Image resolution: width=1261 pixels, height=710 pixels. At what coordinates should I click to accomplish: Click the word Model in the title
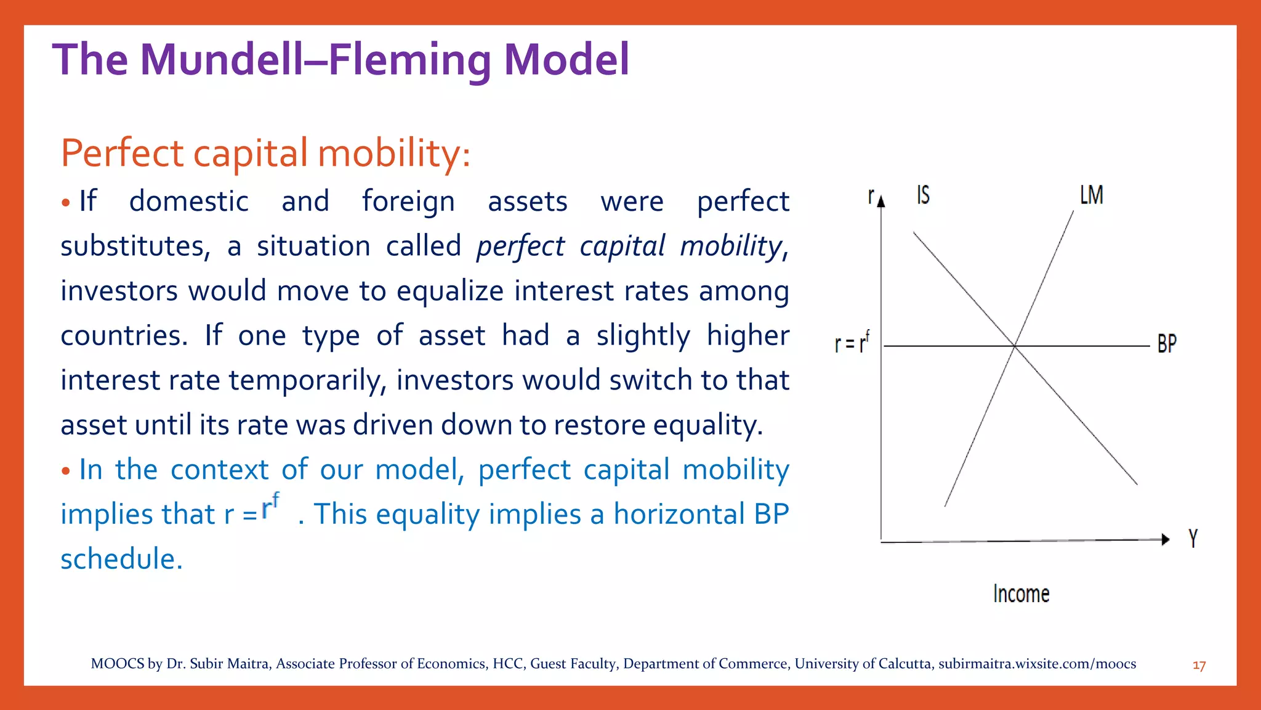[x=566, y=60]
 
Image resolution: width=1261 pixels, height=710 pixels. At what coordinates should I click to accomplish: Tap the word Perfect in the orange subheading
[x=122, y=153]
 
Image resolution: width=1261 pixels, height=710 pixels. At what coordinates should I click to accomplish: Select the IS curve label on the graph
[x=923, y=195]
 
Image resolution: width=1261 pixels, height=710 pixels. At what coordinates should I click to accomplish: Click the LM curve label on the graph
[x=1091, y=195]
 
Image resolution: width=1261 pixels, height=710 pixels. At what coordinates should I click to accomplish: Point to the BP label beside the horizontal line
[x=1166, y=344]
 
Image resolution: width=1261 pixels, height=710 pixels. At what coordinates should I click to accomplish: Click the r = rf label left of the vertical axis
[x=852, y=343]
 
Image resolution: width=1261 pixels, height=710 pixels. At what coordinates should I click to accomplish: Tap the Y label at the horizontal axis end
[x=1193, y=538]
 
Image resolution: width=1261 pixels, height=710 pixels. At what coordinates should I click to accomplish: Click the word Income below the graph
[x=1021, y=594]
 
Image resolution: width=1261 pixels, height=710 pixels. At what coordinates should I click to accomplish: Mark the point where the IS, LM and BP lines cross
[x=1014, y=346]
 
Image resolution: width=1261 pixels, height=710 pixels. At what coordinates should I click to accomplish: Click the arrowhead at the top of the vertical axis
[x=881, y=200]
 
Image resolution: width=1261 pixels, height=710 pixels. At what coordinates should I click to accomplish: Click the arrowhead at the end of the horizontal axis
[x=1164, y=539]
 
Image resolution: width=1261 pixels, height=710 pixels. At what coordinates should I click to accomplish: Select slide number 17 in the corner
[x=1199, y=666]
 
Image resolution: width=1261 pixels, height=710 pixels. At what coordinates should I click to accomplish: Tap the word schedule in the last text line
[x=121, y=559]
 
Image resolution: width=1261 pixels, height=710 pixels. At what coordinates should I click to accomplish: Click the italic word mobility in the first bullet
[x=731, y=246]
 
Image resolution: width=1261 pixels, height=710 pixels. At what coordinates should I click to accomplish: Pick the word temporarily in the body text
[x=307, y=380]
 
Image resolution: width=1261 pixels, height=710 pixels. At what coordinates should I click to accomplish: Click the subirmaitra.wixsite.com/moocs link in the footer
[x=1037, y=664]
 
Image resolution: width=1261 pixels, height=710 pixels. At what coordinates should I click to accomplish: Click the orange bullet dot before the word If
[x=66, y=203]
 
